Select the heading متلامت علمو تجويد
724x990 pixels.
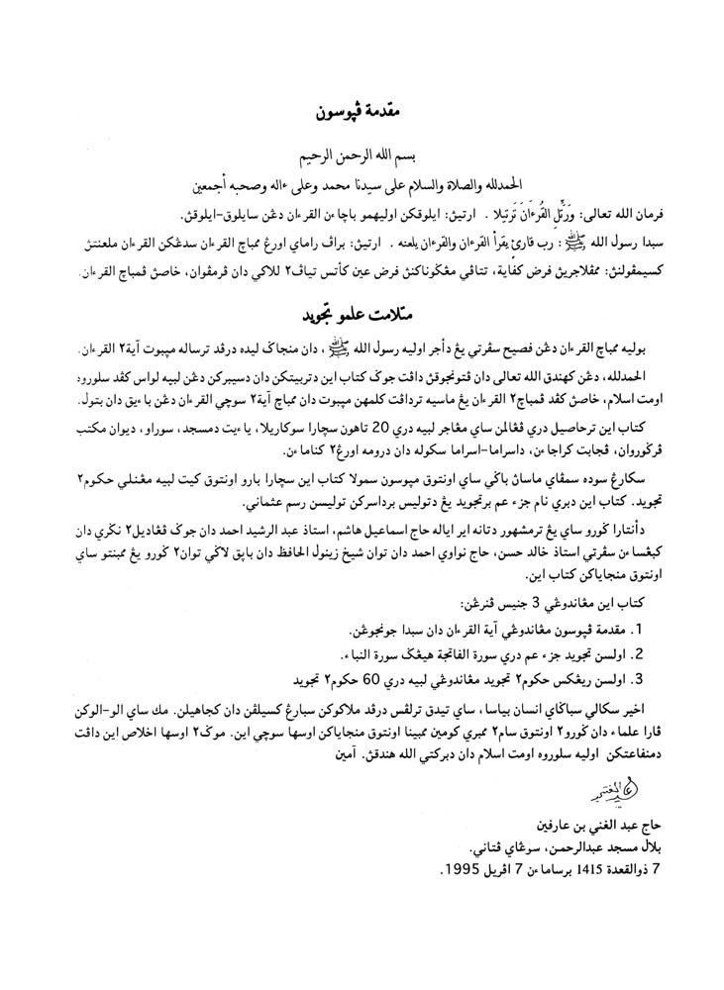pos(363,313)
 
